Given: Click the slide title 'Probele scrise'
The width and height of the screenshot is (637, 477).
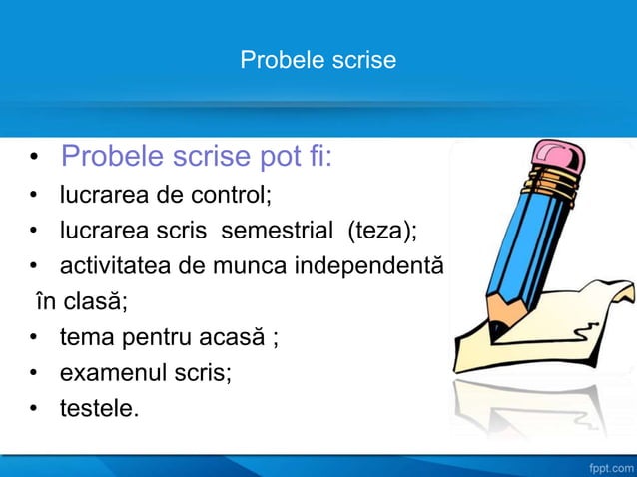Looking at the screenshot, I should pyautogui.click(x=318, y=61).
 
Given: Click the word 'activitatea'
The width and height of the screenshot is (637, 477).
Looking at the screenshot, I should pyautogui.click(x=109, y=266).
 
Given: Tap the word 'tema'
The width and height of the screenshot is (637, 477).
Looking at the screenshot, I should pyautogui.click(x=85, y=337).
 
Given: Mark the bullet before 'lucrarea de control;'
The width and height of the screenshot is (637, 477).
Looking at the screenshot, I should pyautogui.click(x=34, y=196).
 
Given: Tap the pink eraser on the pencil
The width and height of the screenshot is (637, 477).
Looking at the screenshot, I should pyautogui.click(x=560, y=158).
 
